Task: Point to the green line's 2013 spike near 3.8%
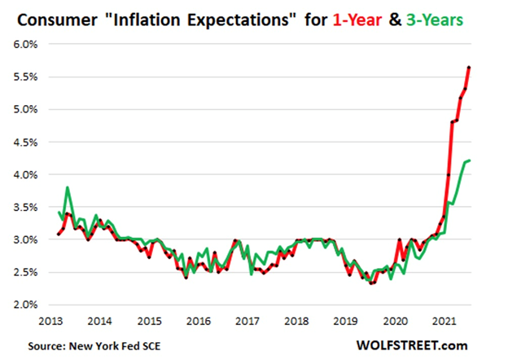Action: pos(67,187)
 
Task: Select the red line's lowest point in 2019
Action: pos(371,283)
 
